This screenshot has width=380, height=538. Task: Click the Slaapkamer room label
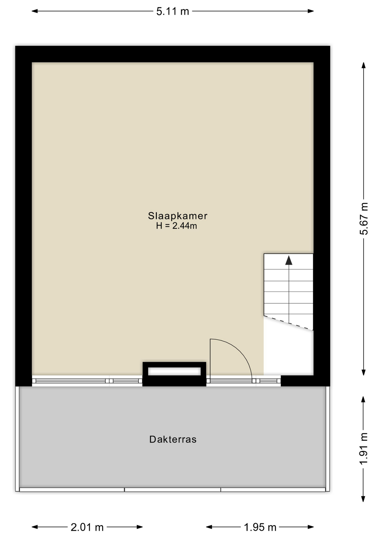click(178, 216)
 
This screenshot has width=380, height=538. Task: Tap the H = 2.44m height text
click(177, 226)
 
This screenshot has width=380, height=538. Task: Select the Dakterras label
click(173, 439)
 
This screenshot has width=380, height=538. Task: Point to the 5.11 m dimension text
click(173, 11)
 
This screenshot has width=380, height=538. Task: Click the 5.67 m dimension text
click(364, 219)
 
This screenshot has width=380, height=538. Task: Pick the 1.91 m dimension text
click(363, 449)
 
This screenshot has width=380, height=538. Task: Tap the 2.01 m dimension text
click(87, 527)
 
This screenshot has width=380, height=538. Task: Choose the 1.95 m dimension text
click(260, 527)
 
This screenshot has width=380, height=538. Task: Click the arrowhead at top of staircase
click(289, 260)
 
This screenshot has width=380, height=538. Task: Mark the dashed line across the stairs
click(288, 323)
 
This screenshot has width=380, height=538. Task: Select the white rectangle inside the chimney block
click(174, 371)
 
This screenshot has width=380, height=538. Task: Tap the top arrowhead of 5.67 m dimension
click(363, 65)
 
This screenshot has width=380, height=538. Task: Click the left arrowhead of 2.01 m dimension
click(35, 527)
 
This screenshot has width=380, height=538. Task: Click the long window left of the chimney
click(71, 381)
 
